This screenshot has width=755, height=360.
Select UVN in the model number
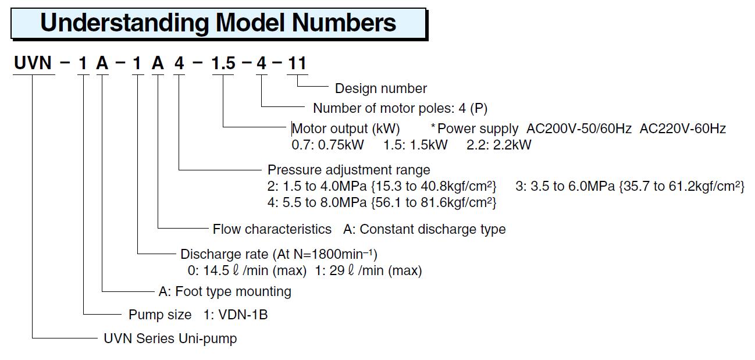(33, 63)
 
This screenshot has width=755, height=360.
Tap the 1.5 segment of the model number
(223, 63)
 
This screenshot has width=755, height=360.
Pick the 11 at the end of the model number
(297, 63)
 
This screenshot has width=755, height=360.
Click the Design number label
(381, 88)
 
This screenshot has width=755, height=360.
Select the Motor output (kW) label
(346, 129)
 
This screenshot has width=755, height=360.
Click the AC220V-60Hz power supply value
(683, 129)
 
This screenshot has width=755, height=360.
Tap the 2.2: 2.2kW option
(499, 145)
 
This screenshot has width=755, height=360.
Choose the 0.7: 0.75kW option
(327, 145)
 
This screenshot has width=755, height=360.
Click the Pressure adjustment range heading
(349, 170)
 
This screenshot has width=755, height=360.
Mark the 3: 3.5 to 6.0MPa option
(565, 186)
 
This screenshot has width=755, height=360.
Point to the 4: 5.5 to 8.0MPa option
(317, 202)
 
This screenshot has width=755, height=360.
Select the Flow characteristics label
(272, 229)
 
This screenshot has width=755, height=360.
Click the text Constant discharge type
(433, 229)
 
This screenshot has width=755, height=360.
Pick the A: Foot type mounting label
(225, 291)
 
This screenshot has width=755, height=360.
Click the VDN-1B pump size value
(243, 315)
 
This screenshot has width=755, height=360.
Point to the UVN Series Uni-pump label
(170, 338)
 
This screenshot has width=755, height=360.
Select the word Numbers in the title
(344, 23)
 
